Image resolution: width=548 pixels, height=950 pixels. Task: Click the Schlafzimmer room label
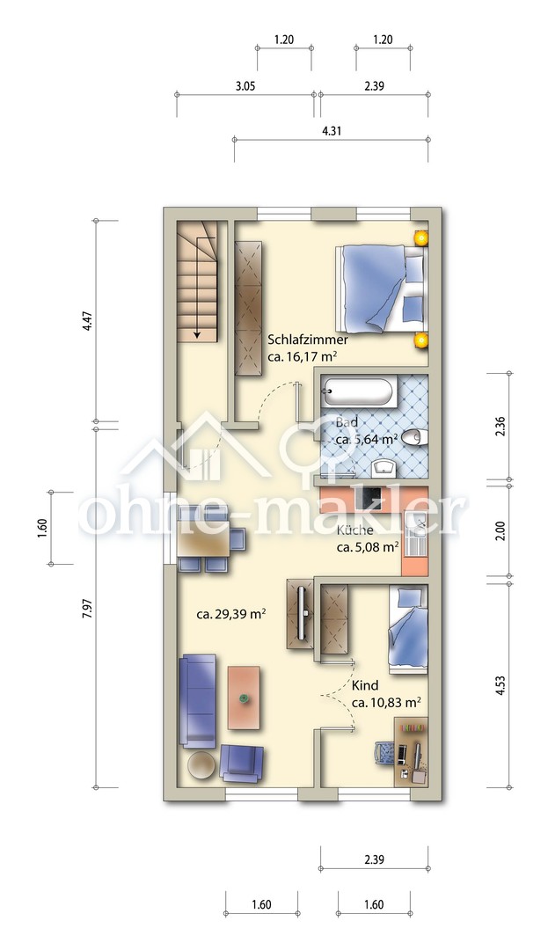click(308, 340)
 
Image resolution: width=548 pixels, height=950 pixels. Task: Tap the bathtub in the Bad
click(358, 392)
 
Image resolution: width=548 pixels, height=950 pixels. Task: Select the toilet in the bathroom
click(415, 435)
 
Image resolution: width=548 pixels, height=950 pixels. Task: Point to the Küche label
click(354, 530)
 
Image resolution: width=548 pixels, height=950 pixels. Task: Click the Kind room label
click(365, 685)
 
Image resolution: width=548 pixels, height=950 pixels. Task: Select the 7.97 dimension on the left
click(89, 611)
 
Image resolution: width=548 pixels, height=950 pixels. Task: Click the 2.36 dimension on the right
click(501, 427)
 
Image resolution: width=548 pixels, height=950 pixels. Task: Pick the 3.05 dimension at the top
click(245, 86)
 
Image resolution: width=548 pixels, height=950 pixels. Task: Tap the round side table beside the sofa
click(201, 765)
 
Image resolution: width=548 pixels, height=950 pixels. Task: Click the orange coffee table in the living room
click(244, 698)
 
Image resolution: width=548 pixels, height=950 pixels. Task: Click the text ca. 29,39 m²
click(232, 615)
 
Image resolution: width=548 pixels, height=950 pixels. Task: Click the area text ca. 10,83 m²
click(387, 703)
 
